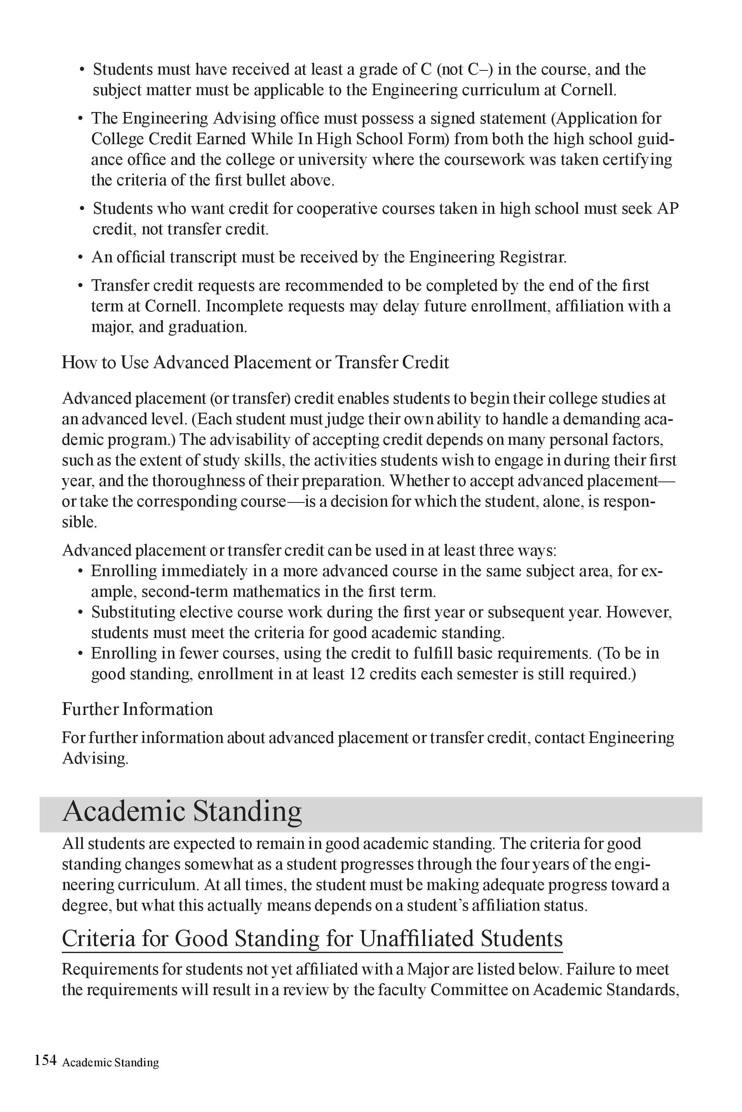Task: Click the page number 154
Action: [45, 1060]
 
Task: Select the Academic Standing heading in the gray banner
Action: [182, 811]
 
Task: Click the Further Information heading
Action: [137, 709]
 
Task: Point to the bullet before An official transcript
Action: [80, 258]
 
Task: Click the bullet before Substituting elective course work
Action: [80, 613]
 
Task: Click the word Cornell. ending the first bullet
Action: [588, 90]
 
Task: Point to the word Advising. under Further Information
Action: [95, 758]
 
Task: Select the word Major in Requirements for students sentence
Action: [427, 969]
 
